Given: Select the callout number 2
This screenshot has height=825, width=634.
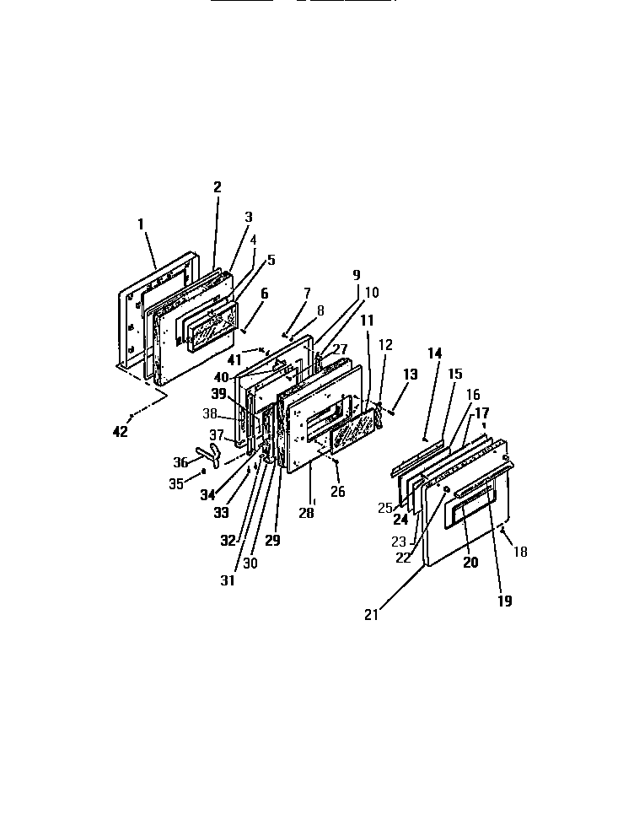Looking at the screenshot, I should tap(218, 187).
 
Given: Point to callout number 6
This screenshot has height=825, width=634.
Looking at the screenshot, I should tap(264, 294).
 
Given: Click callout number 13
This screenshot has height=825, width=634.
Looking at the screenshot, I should tap(410, 374).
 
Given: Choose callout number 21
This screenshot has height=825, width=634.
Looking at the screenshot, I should tap(372, 614).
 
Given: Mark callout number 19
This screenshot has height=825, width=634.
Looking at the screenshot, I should tap(505, 601).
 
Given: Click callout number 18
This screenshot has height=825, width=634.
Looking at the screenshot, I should tap(521, 552).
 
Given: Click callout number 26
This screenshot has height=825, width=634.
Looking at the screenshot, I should tap(338, 492).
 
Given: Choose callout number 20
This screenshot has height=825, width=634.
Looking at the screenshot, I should tap(470, 563).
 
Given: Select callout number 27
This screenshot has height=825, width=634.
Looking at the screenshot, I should tap(340, 350).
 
